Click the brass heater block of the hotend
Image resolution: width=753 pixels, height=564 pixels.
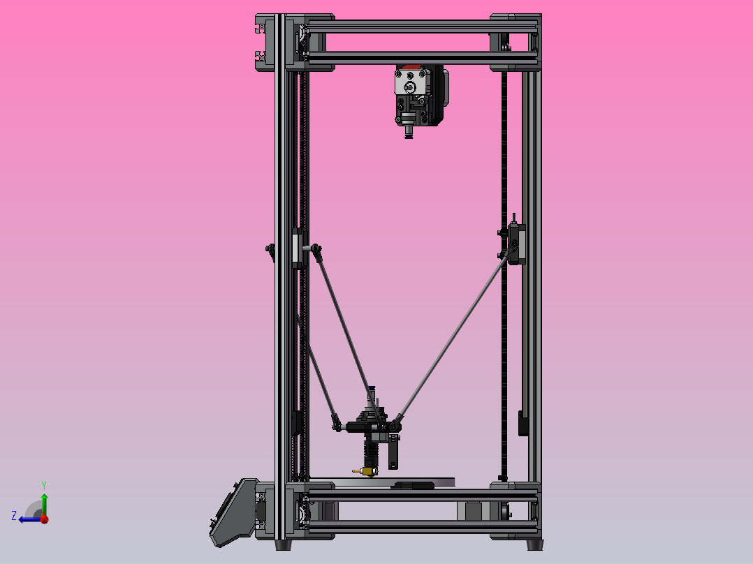click(x=368, y=471)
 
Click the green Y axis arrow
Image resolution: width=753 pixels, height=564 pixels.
click(x=43, y=500)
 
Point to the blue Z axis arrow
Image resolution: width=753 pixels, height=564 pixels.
click(x=27, y=518)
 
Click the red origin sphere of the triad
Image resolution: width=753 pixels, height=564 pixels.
click(x=43, y=519)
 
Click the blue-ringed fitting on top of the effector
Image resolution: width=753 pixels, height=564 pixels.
click(x=372, y=389)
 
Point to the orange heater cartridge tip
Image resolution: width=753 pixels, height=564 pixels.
click(x=356, y=471)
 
